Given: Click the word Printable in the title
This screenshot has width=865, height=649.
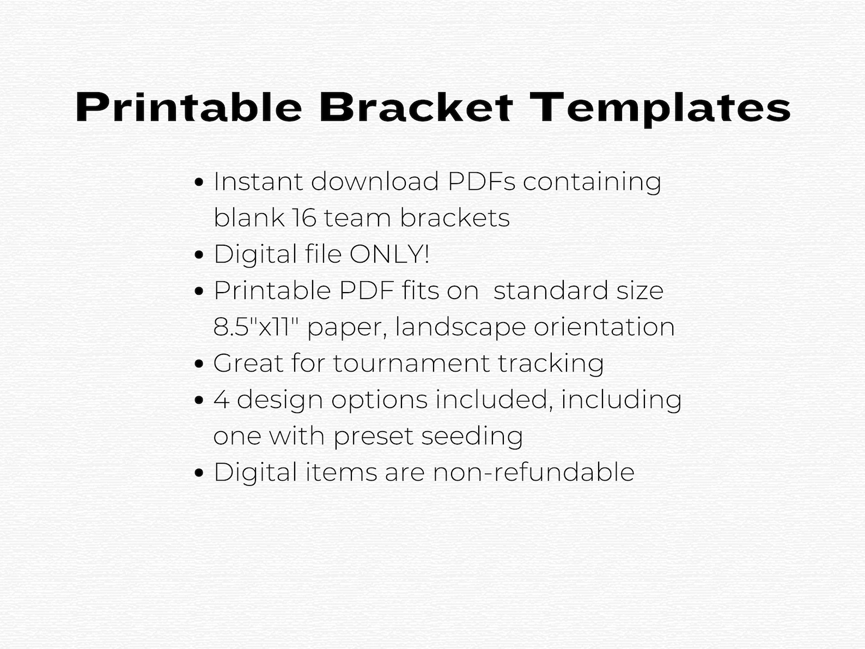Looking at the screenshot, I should tap(188, 108).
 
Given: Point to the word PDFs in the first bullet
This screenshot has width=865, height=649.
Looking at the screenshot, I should tap(481, 181).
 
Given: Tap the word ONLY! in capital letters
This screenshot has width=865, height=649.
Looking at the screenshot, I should tap(389, 254).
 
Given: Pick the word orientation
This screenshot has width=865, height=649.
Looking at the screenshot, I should tap(604, 327).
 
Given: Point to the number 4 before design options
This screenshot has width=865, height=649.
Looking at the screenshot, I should tap(221, 400).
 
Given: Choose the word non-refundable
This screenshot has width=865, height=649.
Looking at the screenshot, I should tap(533, 472).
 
